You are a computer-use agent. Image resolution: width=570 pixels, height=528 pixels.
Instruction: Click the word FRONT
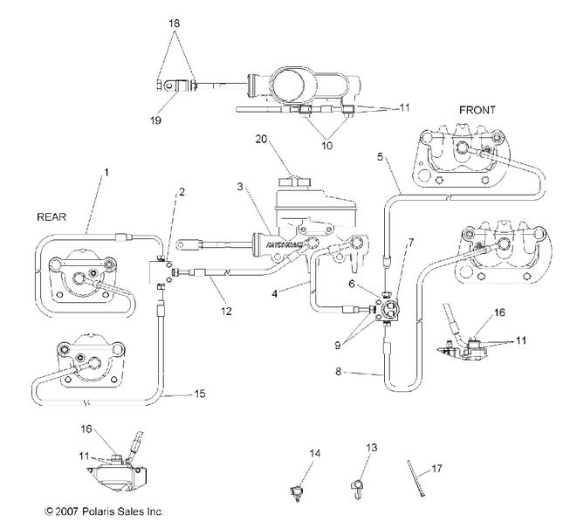tap(477, 110)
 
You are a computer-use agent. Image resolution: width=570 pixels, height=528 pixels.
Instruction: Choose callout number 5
tap(380, 157)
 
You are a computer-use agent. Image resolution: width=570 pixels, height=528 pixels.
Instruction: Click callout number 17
tap(437, 469)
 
